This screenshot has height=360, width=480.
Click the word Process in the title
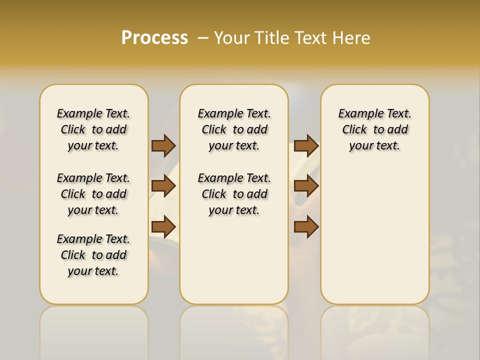tap(154, 37)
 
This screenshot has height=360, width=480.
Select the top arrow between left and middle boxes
tap(163, 145)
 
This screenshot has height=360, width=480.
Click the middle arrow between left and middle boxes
tap(163, 186)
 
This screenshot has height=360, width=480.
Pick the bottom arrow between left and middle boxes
tap(163, 227)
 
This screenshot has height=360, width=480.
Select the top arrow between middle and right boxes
tap(306, 145)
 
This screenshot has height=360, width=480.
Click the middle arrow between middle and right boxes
tap(306, 186)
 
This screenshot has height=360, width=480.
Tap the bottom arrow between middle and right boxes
tap(306, 227)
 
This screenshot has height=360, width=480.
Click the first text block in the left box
tap(93, 129)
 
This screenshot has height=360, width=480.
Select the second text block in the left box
tap(93, 194)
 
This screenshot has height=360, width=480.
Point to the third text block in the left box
tap(93, 255)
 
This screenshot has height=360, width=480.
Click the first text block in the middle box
tap(234, 129)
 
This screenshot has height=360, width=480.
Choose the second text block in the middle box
tap(234, 194)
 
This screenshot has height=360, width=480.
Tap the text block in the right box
tap(375, 129)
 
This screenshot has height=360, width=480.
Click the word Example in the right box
tap(356, 114)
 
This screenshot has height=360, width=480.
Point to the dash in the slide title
tap(202, 38)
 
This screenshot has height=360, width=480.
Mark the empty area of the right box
tap(375, 230)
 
